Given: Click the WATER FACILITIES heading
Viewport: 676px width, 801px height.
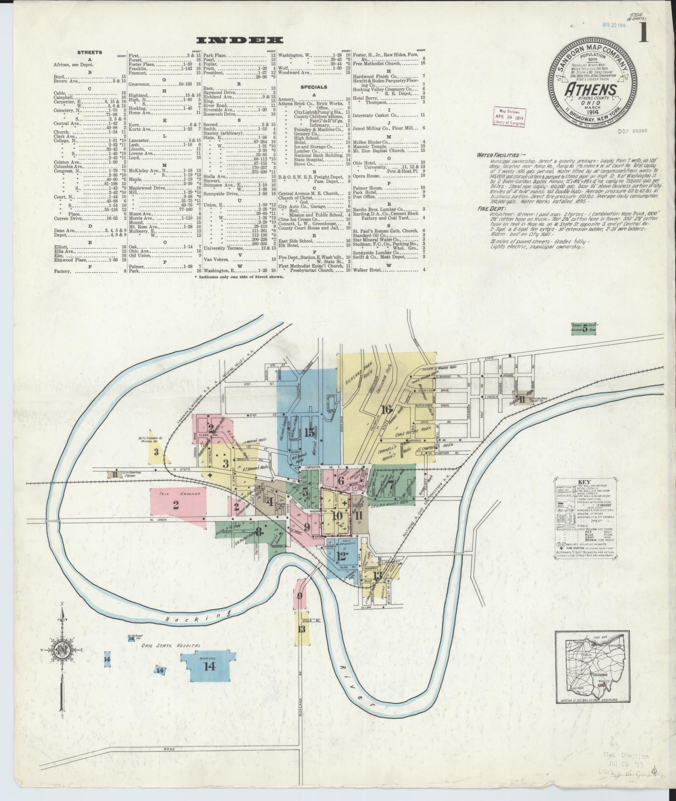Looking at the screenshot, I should tap(497, 155).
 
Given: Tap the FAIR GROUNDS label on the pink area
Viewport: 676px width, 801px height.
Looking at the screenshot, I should tap(176, 494).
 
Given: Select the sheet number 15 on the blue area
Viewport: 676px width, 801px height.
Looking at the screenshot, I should tap(309, 432).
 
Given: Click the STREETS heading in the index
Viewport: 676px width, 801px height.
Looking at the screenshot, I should tap(89, 53).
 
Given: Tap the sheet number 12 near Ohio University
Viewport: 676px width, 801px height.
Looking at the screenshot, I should tap(342, 556).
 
